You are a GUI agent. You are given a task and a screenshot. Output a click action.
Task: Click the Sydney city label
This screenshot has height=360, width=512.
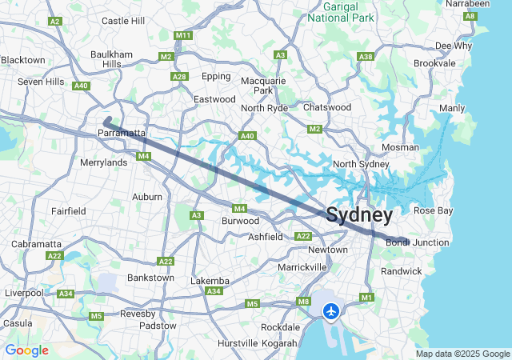[359, 215]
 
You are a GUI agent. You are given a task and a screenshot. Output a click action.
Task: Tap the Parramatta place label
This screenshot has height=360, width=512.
[122, 133]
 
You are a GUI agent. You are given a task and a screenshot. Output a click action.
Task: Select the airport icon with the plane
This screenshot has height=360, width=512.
[330, 310]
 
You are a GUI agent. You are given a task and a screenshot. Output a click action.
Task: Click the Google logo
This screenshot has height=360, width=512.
[26, 350]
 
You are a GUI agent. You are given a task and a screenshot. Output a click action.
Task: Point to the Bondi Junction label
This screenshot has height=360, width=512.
[417, 242]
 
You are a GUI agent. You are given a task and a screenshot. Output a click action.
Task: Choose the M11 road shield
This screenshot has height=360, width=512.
[183, 36]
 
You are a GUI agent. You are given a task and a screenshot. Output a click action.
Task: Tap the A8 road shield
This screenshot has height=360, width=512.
[471, 16]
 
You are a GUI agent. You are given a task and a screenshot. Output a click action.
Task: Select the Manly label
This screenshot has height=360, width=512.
[452, 108]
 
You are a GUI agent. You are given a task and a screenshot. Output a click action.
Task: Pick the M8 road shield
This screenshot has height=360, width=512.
[303, 302]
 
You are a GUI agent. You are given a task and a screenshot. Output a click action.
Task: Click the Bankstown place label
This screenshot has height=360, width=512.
[150, 278]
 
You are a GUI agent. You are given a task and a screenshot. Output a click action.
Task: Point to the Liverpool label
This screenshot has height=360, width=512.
[24, 293]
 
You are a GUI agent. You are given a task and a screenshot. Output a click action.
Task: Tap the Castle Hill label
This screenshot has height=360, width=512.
[123, 21]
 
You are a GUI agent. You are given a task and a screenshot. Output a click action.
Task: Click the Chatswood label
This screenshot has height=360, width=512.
[326, 107]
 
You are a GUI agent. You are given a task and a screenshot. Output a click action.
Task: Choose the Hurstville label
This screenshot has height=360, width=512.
[238, 343]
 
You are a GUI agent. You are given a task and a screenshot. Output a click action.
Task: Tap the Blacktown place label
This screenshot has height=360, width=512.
[23, 60]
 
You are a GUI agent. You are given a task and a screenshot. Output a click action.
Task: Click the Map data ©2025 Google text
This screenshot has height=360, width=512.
[462, 354]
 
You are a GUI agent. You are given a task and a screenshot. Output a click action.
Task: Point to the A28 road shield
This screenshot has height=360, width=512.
[179, 77]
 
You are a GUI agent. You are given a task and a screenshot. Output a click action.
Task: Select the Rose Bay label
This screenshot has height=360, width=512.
[432, 210]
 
